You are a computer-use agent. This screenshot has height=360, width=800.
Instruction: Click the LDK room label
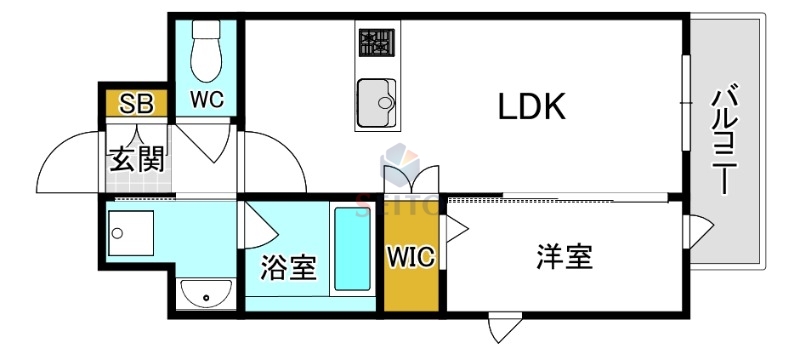tap(532, 107)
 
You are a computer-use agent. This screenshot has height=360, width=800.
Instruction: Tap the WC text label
tap(206, 100)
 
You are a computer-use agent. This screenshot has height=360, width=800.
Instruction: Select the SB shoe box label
tap(135, 103)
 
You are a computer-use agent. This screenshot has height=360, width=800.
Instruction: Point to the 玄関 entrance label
tap(136, 158)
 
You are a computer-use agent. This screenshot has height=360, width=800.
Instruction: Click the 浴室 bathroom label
tap(288, 267)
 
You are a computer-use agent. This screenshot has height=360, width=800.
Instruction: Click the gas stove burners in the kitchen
tap(377, 43)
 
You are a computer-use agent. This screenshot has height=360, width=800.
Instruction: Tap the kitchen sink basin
tap(375, 99)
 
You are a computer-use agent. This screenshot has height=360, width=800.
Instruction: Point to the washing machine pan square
tap(131, 233)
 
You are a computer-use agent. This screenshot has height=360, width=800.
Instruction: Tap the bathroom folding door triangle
tap(262, 224)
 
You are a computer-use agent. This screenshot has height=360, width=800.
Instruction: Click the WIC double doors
tap(411, 180)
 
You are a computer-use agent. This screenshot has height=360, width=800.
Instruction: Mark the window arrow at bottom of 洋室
tap(503, 327)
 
